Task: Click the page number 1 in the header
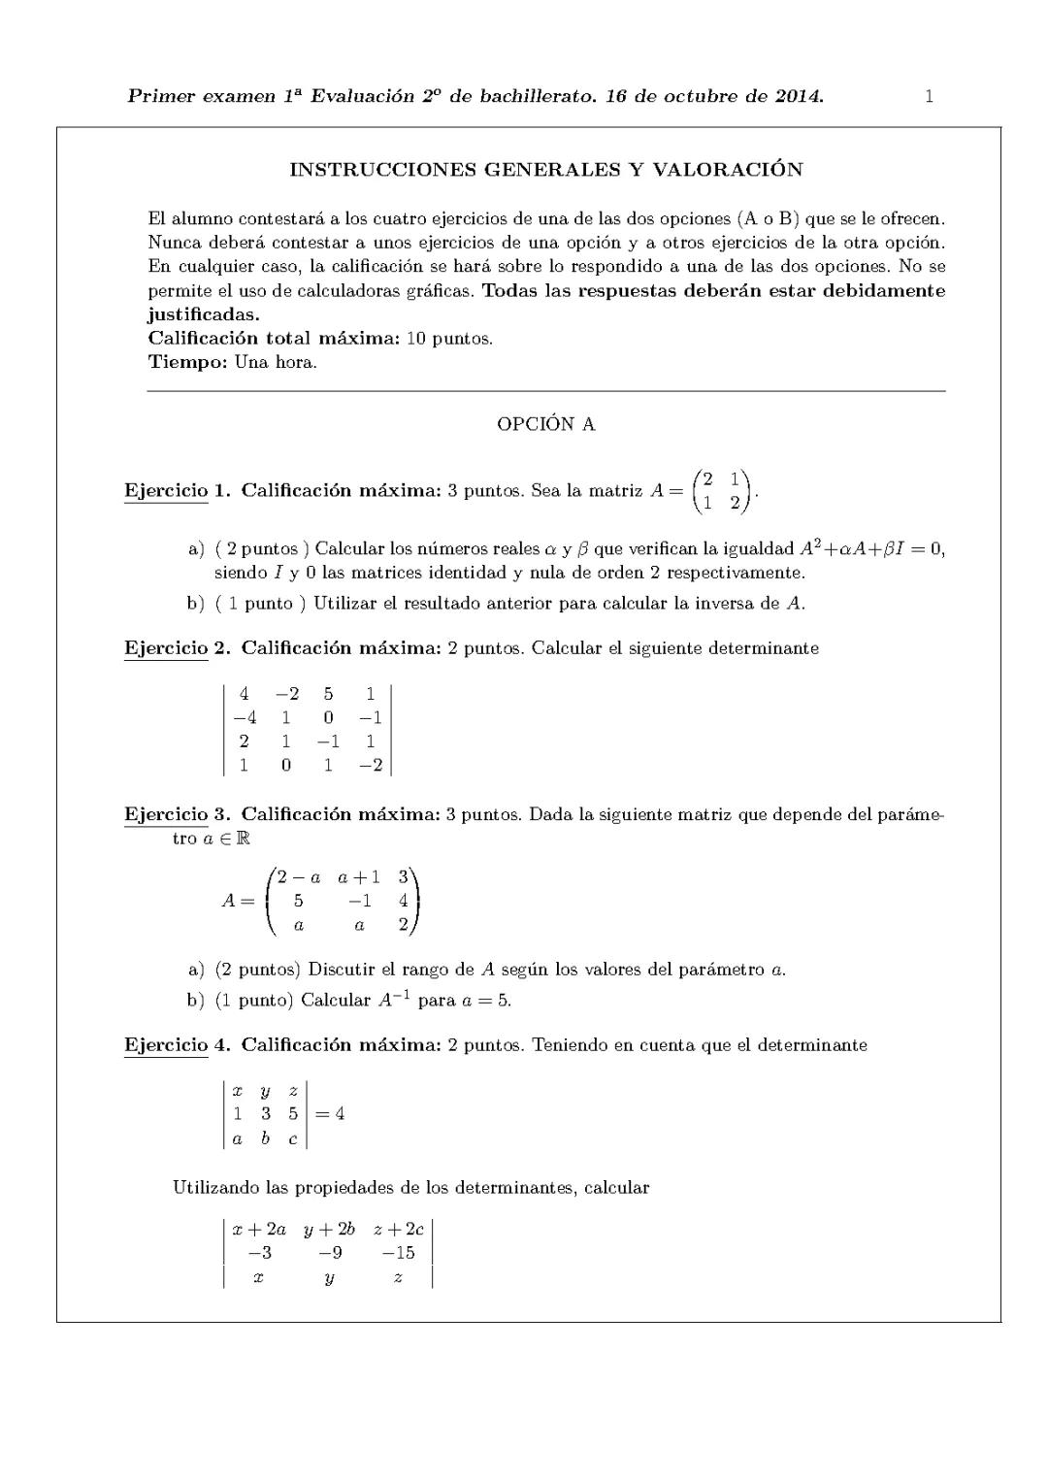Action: point(929,96)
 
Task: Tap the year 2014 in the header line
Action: point(799,96)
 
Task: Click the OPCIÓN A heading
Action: point(545,424)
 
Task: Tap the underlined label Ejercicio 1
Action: point(166,490)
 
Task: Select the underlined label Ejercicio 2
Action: point(166,647)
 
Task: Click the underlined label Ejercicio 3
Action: point(166,813)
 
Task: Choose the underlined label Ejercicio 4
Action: point(166,1044)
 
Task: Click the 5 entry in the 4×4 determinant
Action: point(329,693)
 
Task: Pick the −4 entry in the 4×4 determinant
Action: point(245,717)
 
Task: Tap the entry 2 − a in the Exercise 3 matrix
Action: point(299,877)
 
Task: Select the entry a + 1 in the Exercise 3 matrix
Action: point(359,877)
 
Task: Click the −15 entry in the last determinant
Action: point(398,1252)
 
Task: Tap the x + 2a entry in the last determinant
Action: point(259,1229)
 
